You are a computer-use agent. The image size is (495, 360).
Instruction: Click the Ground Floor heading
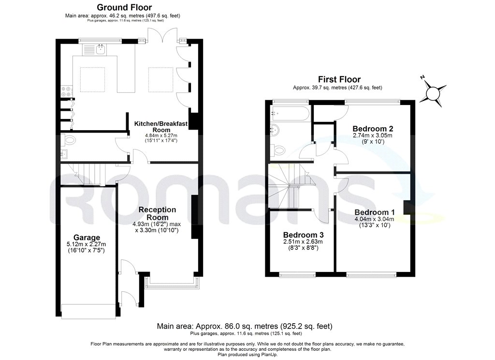point(124,7)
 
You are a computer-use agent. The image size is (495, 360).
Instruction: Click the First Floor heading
point(339,79)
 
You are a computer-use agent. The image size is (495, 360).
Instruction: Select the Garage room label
point(87,238)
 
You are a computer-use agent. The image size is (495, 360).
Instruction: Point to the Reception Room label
point(157,213)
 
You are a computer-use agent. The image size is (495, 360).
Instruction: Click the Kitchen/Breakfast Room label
point(161,127)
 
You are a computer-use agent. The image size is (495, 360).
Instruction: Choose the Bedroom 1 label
point(375,212)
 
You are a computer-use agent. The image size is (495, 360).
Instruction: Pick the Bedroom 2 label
point(373,129)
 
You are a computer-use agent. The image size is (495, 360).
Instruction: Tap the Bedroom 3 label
point(304,235)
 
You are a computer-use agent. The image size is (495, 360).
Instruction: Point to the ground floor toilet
point(68,140)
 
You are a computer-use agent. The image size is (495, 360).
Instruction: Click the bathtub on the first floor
point(291,113)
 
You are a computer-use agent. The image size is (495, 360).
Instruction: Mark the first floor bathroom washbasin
point(275,130)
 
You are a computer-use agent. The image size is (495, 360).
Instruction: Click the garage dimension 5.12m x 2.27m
point(86,244)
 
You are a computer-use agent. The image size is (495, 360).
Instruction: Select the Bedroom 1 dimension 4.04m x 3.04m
point(375,219)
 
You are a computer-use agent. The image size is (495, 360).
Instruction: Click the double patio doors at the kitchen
point(163,35)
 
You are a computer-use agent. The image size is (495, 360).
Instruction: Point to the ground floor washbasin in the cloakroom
point(64,154)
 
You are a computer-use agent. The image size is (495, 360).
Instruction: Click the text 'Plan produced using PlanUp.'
point(247,355)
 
